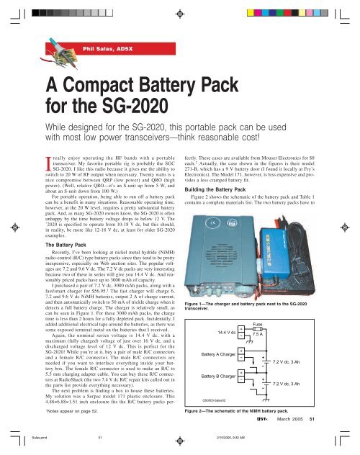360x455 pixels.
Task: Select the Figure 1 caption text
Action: pyautogui.click(x=248, y=309)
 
